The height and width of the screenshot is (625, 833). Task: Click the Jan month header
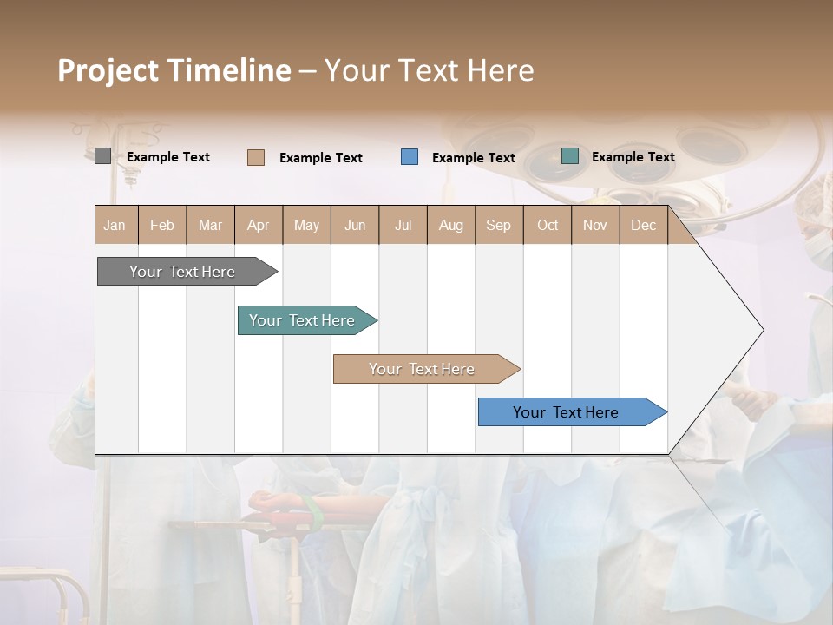click(x=115, y=225)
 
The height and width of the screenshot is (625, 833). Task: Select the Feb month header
click(x=162, y=225)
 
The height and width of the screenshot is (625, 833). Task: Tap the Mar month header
click(x=210, y=225)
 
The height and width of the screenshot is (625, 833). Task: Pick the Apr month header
click(x=259, y=225)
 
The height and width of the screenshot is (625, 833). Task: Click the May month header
click(x=306, y=225)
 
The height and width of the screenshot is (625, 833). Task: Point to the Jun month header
click(x=355, y=225)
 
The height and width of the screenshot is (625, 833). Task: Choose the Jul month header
click(x=403, y=225)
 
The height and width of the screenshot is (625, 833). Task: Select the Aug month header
click(x=451, y=225)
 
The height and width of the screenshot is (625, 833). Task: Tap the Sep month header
click(x=499, y=225)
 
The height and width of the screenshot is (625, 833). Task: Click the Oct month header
click(x=548, y=225)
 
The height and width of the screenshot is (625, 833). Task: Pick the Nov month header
click(x=595, y=225)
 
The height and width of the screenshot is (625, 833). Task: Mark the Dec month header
click(x=644, y=225)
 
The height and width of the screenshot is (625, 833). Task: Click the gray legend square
click(x=102, y=156)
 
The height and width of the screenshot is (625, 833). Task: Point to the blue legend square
click(x=410, y=157)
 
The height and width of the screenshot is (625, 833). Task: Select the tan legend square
click(x=256, y=157)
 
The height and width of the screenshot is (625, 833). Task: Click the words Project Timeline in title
click(x=174, y=70)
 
